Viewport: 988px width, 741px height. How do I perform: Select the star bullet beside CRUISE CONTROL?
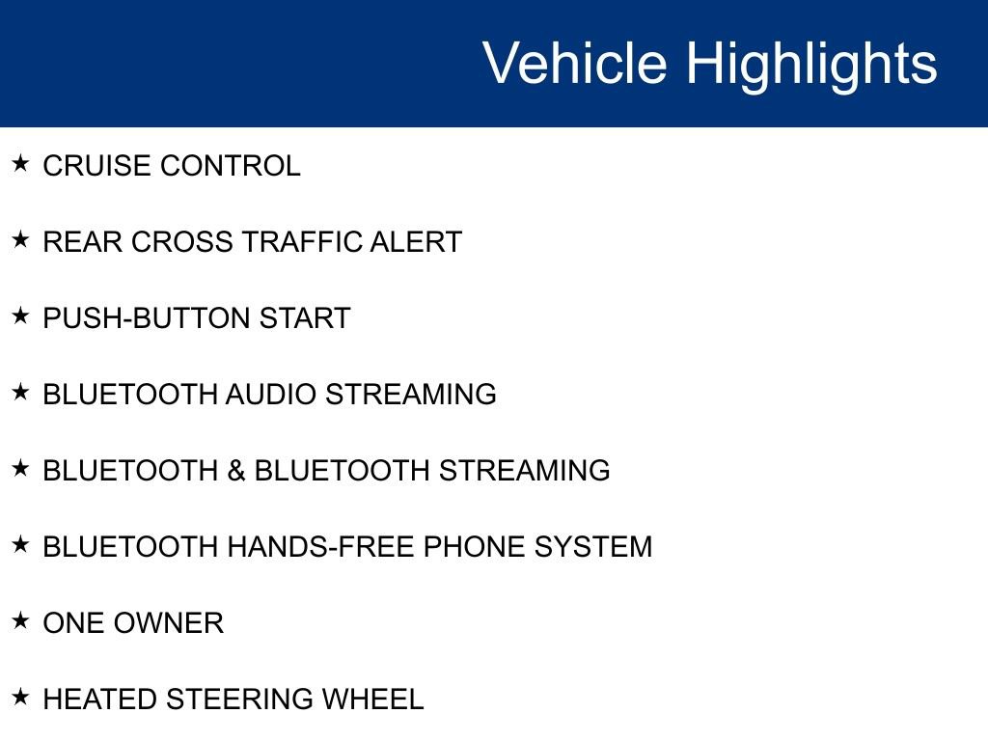[x=20, y=163]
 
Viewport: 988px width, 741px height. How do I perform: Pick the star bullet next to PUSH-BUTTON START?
[x=20, y=316]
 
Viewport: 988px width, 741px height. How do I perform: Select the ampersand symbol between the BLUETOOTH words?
[x=236, y=471]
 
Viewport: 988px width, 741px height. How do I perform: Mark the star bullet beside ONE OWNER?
[x=20, y=620]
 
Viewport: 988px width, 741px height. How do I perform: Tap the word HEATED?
[x=99, y=700]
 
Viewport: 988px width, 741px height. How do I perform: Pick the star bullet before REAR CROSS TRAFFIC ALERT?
[x=20, y=239]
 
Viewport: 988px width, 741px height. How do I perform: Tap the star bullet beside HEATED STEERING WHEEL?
[x=20, y=697]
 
